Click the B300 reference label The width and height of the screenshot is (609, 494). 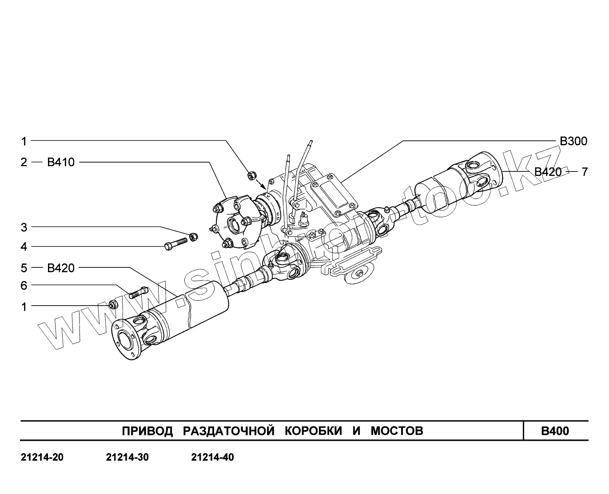click(x=573, y=141)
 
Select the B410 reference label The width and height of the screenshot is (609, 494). click(x=61, y=162)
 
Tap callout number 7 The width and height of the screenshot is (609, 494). click(x=585, y=171)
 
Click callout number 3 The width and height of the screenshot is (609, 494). click(x=24, y=227)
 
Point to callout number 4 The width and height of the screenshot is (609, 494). click(x=24, y=247)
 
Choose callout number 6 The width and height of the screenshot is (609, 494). click(x=24, y=286)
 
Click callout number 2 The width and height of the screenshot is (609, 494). click(x=24, y=162)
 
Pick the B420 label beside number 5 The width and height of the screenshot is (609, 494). click(x=61, y=268)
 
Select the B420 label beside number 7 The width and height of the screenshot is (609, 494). click(x=548, y=172)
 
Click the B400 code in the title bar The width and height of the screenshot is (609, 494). click(x=555, y=431)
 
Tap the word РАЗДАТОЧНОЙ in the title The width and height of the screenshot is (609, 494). click(x=228, y=431)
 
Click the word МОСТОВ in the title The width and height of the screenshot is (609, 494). click(x=397, y=431)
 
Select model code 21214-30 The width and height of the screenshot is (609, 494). click(x=127, y=458)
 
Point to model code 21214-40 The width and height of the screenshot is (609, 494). click(x=212, y=458)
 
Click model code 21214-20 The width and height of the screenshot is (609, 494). click(x=42, y=458)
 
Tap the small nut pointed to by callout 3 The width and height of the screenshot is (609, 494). click(x=193, y=236)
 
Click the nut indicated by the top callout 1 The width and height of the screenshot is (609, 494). click(x=251, y=175)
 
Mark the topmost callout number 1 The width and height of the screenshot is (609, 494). click(x=24, y=141)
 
